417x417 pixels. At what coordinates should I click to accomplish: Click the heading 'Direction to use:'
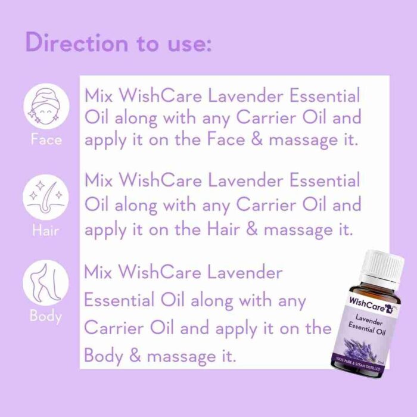(119, 43)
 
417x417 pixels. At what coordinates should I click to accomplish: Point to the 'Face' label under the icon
(46, 141)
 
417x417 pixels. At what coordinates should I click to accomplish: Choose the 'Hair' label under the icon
(46, 229)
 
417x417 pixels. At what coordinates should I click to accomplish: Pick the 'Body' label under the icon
(46, 316)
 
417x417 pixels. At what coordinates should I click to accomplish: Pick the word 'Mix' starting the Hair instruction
(98, 180)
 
